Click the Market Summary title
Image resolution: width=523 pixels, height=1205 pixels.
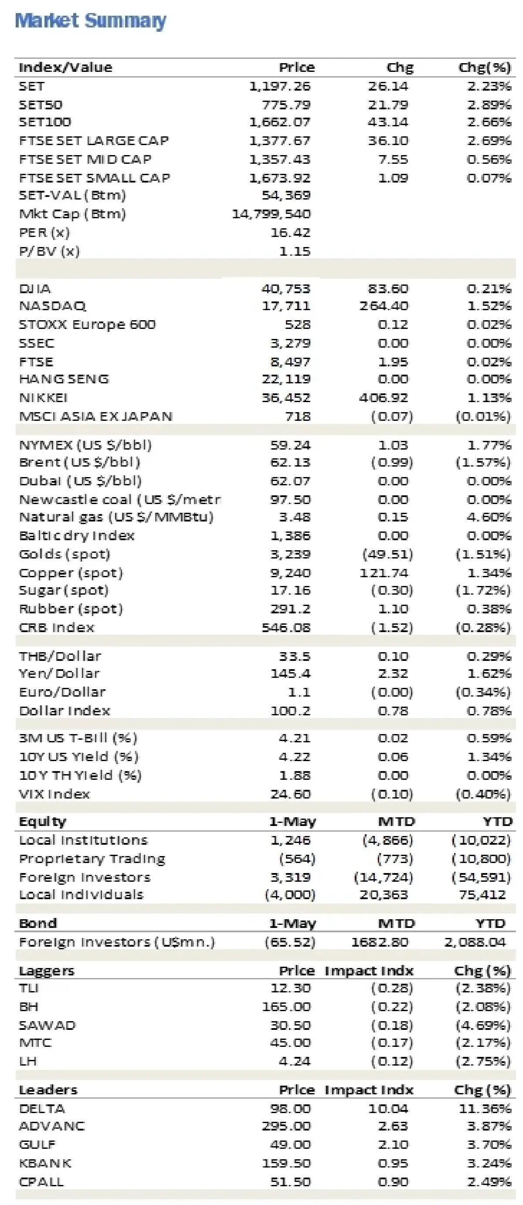(90, 21)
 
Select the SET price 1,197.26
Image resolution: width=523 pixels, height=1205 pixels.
(279, 86)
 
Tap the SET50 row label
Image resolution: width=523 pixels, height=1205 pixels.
(40, 105)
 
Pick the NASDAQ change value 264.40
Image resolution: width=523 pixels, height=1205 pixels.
(383, 306)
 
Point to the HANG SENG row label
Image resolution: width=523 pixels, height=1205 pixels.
(64, 379)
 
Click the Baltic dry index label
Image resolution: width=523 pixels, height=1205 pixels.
(76, 535)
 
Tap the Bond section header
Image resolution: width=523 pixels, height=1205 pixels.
(37, 924)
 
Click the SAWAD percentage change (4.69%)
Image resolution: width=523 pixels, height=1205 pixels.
(483, 1025)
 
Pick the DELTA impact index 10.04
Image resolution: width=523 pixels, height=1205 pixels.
(388, 1109)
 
